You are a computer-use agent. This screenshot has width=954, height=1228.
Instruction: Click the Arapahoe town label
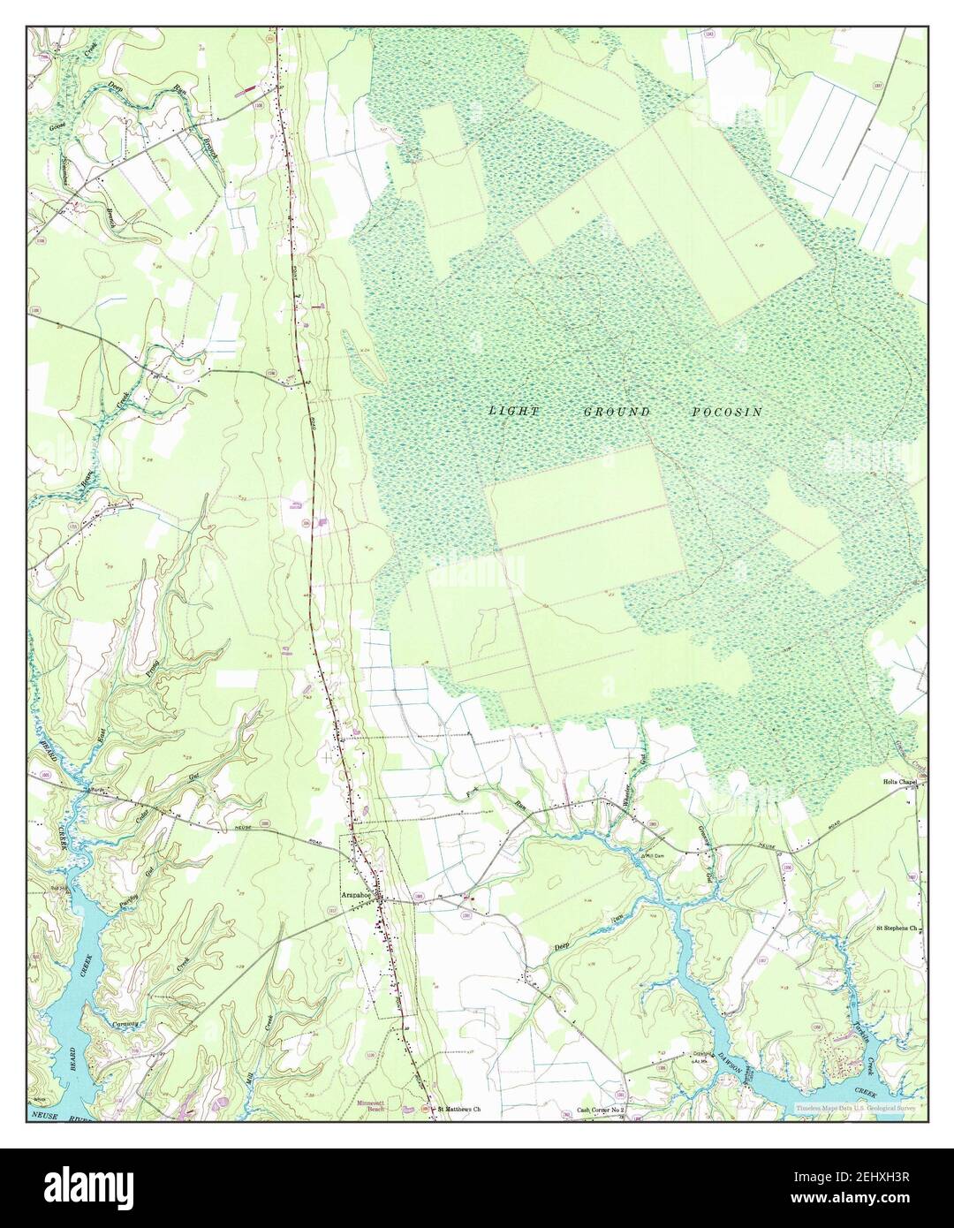pos(356,894)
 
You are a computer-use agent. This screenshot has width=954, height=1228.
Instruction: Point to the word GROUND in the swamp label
pos(617,413)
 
